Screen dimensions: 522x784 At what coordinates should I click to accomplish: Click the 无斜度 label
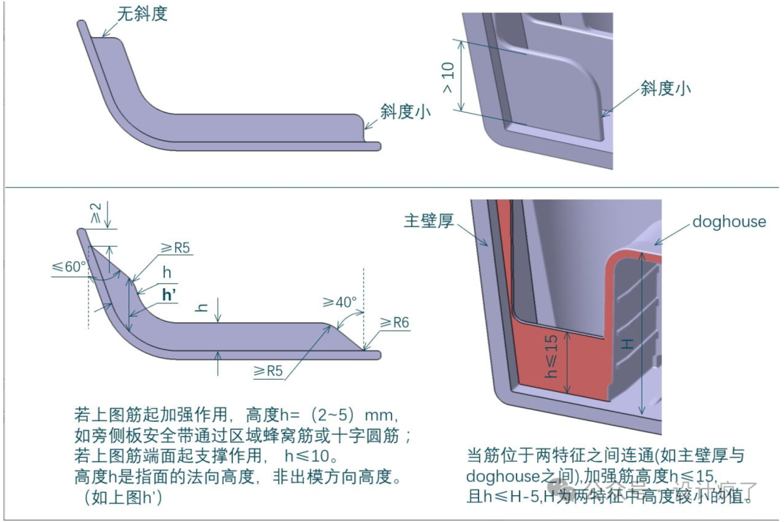coord(142,14)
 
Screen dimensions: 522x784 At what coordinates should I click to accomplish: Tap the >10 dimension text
coord(449,78)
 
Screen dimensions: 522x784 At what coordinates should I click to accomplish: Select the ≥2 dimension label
coord(95,213)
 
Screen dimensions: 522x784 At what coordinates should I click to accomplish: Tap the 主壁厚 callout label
coord(428,221)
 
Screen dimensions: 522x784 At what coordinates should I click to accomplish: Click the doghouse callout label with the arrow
coord(729,221)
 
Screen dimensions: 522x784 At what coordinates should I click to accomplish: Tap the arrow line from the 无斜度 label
coord(109,29)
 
